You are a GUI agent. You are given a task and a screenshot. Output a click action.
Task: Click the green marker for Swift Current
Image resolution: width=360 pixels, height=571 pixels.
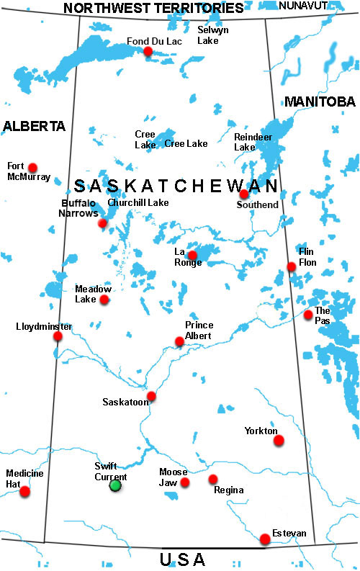click(x=114, y=485)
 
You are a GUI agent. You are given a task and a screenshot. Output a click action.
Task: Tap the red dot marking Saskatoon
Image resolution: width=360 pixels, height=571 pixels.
click(x=151, y=396)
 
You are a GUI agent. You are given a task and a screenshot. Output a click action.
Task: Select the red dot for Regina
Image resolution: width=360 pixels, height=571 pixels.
click(x=213, y=479)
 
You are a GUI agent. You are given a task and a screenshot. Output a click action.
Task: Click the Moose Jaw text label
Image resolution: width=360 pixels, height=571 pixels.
click(x=173, y=477)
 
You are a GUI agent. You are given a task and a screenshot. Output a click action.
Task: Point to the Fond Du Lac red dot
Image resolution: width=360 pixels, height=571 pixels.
click(x=148, y=51)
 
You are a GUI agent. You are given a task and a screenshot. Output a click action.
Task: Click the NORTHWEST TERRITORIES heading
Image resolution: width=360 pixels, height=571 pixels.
click(x=153, y=9)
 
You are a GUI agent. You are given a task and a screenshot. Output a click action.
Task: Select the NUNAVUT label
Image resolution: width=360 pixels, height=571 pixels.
click(x=303, y=5)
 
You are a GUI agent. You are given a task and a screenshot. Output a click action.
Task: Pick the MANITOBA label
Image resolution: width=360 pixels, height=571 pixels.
click(x=320, y=102)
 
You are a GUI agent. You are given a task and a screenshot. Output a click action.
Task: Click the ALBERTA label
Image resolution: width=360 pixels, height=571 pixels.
click(x=34, y=127)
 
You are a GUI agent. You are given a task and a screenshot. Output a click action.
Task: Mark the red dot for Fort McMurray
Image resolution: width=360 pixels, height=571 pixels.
click(x=32, y=167)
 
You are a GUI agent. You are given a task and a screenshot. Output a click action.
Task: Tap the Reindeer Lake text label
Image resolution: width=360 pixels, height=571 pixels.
click(x=245, y=141)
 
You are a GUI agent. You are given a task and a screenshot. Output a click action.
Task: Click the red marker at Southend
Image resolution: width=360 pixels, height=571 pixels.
click(x=244, y=194)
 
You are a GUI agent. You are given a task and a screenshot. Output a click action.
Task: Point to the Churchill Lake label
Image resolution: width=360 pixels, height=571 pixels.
click(x=138, y=203)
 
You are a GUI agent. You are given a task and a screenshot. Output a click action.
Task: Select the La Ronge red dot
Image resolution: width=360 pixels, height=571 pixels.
click(x=192, y=255)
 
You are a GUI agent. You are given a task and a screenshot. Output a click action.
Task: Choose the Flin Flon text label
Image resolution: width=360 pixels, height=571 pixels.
click(x=307, y=256)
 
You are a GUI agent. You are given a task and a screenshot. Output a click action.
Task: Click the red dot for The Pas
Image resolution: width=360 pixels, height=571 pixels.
click(x=308, y=315)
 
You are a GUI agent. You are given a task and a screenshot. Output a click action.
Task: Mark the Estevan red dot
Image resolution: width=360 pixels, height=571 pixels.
click(x=265, y=539)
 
